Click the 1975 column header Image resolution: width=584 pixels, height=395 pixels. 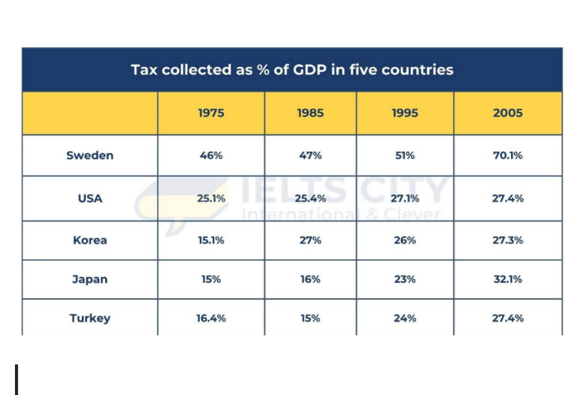(211, 113)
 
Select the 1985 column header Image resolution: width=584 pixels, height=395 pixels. (310, 113)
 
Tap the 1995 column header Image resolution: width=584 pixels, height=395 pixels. (405, 113)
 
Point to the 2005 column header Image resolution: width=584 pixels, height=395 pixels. (508, 113)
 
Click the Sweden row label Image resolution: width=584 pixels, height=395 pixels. (90, 155)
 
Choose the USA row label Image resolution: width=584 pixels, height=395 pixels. (90, 198)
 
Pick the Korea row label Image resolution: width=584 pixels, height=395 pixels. (90, 240)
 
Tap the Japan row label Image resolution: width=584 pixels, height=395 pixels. (90, 279)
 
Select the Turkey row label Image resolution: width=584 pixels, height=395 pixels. (90, 318)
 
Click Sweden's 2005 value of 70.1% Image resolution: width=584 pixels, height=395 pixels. (508, 155)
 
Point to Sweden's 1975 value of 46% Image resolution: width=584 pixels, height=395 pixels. (211, 155)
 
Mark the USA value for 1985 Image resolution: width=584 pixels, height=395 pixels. (310, 198)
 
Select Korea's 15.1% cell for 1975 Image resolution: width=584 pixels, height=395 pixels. (211, 240)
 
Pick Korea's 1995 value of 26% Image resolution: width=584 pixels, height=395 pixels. (405, 240)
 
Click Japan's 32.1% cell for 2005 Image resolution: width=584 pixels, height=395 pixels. (508, 279)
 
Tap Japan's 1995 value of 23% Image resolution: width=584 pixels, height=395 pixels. (405, 279)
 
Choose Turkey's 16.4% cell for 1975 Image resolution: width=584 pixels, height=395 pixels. (211, 318)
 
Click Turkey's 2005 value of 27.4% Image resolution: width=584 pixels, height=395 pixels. (508, 318)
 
